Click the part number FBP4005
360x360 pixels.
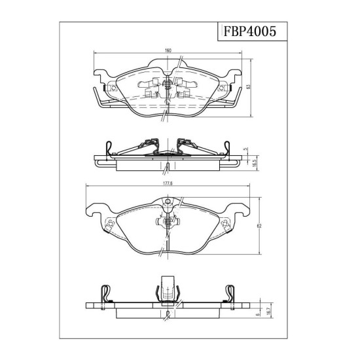(249, 31)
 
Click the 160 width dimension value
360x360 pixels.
(168, 50)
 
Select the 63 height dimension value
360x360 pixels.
(247, 87)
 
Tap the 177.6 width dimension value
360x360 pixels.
(168, 183)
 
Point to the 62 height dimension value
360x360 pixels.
(259, 226)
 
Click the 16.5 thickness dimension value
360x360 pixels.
(254, 164)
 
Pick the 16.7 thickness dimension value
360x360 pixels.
(269, 311)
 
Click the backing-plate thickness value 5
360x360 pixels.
(246, 149)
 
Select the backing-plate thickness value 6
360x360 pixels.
(258, 314)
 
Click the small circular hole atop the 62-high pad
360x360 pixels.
(168, 202)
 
